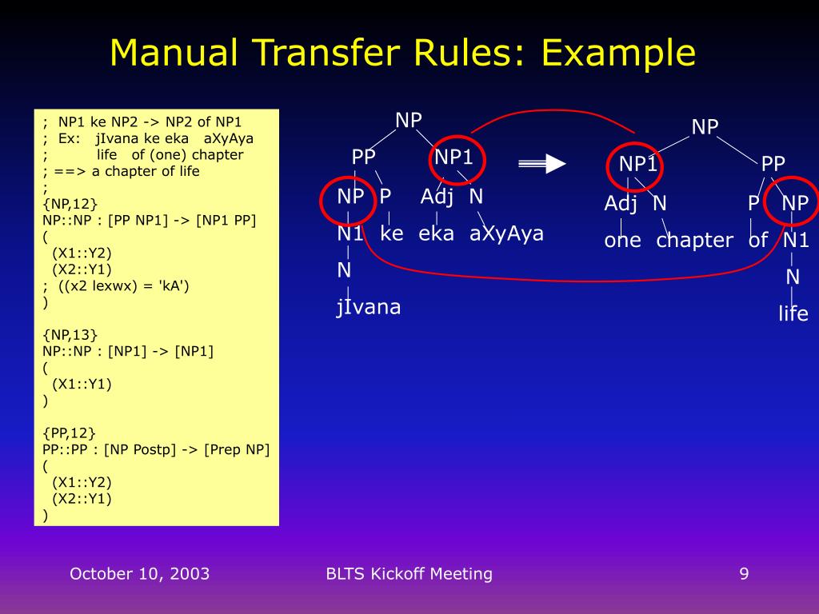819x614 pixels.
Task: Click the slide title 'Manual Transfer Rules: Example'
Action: pos(402,53)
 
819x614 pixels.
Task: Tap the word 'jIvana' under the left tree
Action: pos(368,307)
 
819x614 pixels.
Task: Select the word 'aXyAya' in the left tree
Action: pos(506,233)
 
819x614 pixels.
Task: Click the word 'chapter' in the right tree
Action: pos(694,241)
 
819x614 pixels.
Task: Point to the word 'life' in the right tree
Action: pos(793,314)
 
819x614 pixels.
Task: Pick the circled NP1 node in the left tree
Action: pos(453,157)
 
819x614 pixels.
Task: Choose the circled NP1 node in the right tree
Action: pos(637,165)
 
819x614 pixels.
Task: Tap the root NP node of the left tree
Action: pos(409,121)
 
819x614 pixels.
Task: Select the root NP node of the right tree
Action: pos(705,127)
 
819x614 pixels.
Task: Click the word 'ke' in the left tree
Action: pos(392,233)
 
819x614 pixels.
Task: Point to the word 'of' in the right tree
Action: pos(758,241)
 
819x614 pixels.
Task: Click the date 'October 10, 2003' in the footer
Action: pos(139,573)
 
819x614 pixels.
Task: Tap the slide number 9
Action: pos(744,573)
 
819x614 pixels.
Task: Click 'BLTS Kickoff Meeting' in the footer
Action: pos(409,573)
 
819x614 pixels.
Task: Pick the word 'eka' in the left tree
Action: pos(436,233)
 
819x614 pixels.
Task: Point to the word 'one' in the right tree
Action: pos(622,241)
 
